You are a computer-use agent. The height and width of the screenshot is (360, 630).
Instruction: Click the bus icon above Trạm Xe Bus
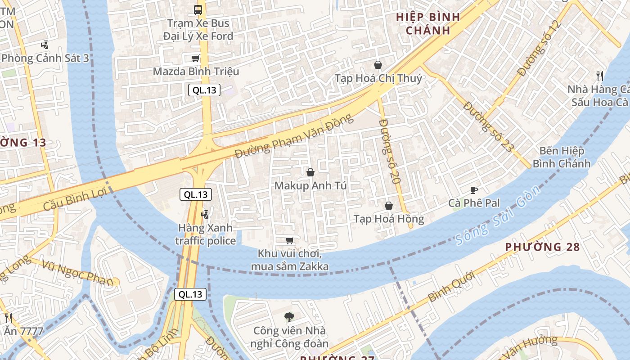[x=198, y=9]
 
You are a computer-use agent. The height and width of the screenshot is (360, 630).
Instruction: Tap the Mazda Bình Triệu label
[x=196, y=72]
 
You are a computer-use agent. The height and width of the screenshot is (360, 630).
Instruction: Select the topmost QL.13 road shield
[x=204, y=90]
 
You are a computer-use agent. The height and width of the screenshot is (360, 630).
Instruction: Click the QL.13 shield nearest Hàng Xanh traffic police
[x=196, y=194]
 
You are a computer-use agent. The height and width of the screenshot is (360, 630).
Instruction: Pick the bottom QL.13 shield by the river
[x=190, y=294]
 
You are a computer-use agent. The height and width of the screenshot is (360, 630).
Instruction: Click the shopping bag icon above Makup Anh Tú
[x=310, y=172]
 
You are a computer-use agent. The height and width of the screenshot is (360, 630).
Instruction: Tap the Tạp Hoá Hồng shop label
[x=389, y=219]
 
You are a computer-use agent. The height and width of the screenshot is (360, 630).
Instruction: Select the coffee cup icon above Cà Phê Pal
[x=473, y=190]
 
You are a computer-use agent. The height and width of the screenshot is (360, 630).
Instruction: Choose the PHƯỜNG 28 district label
[x=542, y=247]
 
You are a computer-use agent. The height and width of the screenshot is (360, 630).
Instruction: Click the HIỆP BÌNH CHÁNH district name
[x=427, y=24]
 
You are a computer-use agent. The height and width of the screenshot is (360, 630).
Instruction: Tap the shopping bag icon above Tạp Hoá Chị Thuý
[x=378, y=65]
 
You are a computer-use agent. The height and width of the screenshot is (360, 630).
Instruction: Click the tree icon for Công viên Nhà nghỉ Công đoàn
[x=289, y=317]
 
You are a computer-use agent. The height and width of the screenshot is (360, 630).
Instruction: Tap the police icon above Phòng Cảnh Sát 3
[x=44, y=45]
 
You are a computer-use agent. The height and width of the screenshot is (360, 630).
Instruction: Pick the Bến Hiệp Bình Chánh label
[x=561, y=157]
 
